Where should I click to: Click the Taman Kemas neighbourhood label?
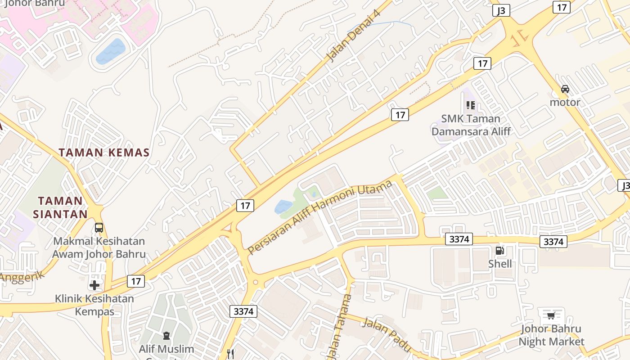pos(104,153)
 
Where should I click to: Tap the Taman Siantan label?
pos(60,207)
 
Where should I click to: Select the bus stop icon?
pos(99,228)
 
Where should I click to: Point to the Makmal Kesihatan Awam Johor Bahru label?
pos(99,247)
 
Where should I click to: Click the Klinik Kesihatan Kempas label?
pos(94,305)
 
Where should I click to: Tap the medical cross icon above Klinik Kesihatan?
pos(94,285)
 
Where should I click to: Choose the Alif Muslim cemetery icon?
pos(166,335)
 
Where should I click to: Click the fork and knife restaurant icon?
pos(231,354)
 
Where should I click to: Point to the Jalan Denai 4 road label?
pos(354,35)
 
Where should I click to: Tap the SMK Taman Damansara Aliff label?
pos(471,125)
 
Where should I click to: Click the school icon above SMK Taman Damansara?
pos(471,105)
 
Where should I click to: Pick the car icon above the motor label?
pos(565,89)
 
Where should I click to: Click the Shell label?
pos(500,263)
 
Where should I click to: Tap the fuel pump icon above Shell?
pos(499,251)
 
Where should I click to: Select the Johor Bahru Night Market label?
pos(551,335)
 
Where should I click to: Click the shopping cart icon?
pos(551,315)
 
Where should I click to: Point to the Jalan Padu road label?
pos(387,334)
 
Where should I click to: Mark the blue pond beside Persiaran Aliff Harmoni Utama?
pos(283,207)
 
